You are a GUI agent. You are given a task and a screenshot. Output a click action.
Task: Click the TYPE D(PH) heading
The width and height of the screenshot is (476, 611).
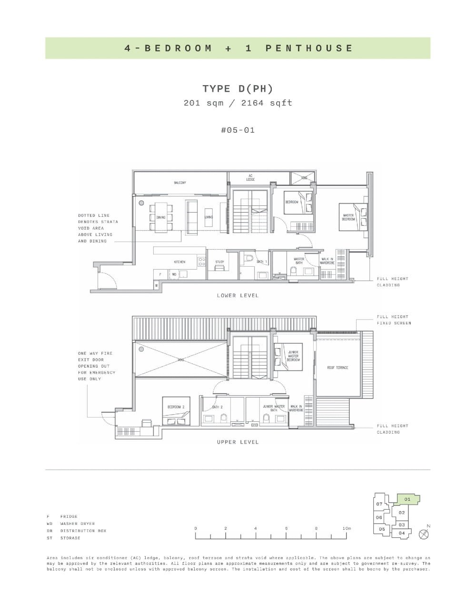click(x=238, y=89)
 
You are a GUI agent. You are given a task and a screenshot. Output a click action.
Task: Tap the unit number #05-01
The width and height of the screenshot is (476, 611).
click(x=238, y=130)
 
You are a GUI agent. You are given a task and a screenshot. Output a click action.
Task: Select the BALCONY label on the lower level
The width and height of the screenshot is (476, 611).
click(x=179, y=183)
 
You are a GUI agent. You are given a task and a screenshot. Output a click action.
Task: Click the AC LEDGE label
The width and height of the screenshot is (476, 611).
click(x=250, y=177)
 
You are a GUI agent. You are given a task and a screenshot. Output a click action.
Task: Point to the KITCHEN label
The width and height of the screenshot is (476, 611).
click(x=179, y=262)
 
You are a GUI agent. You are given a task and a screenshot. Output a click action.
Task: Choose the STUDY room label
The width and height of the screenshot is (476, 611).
click(x=219, y=262)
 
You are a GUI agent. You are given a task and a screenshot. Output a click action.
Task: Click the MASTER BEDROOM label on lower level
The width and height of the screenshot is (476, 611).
click(x=348, y=217)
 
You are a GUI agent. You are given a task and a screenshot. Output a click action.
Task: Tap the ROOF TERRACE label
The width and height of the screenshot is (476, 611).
click(x=337, y=368)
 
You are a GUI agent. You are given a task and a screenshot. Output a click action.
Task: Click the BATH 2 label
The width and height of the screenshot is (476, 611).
click(x=217, y=407)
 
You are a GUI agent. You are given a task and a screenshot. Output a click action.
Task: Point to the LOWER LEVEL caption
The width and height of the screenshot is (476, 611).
click(x=238, y=296)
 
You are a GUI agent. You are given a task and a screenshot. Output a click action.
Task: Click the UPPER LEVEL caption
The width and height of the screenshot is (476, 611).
click(x=238, y=442)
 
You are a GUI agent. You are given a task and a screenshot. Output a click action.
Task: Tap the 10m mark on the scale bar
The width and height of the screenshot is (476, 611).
click(x=347, y=528)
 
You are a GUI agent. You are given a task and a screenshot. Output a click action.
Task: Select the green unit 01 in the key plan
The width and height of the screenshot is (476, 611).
click(x=407, y=499)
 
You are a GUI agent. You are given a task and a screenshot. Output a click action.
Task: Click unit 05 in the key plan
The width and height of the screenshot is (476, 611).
click(x=382, y=529)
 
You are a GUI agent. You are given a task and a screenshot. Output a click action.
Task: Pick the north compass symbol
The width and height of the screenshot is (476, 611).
click(x=424, y=534)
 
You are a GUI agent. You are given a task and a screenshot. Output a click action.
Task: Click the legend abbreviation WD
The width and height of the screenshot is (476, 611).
click(x=50, y=524)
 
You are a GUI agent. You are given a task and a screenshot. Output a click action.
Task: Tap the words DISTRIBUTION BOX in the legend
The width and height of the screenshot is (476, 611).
click(x=83, y=531)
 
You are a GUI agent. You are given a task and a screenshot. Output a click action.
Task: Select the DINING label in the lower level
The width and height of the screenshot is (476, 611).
click(x=161, y=217)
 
